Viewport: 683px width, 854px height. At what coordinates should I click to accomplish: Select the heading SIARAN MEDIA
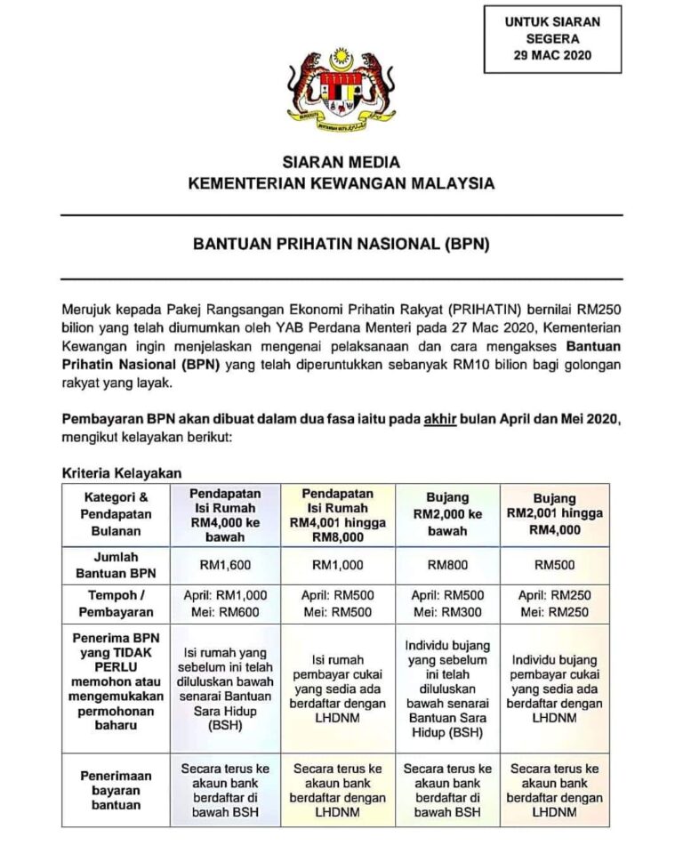click(341, 163)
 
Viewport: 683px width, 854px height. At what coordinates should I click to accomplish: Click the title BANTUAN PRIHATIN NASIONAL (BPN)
click(341, 241)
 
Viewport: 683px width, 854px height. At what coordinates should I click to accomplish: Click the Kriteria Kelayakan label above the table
click(122, 473)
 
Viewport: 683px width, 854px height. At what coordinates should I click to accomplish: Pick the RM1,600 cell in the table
click(226, 564)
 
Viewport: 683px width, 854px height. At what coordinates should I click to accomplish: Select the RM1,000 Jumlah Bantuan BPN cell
click(337, 564)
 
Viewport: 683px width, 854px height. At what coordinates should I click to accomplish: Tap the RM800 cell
click(447, 564)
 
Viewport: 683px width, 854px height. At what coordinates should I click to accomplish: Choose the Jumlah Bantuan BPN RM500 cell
click(554, 564)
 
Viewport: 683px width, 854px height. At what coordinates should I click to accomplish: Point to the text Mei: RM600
click(226, 613)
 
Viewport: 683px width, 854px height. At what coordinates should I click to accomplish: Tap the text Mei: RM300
click(447, 613)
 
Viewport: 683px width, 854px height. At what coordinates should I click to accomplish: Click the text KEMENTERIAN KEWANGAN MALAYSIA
click(341, 184)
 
